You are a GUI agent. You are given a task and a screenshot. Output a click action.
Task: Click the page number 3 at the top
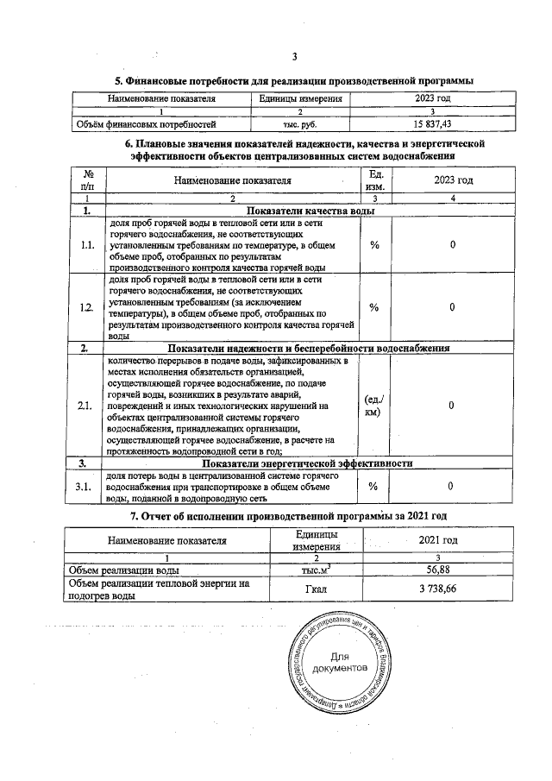point(294,57)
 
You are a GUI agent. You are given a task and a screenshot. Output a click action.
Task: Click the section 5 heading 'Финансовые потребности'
point(293,81)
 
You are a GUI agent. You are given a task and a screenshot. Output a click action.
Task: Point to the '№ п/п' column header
point(87,180)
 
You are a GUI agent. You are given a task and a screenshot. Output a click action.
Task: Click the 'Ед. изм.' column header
point(374,180)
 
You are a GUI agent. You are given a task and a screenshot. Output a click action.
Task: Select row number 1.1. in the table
point(87,245)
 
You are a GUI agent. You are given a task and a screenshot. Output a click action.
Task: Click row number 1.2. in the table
point(87,307)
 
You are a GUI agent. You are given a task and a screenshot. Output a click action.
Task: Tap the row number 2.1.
point(87,405)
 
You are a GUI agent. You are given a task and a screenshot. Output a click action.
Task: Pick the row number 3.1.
point(87,487)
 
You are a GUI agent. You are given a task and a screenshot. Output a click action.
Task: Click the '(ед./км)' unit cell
point(374,405)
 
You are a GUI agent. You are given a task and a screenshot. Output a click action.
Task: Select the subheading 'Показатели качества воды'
point(311,211)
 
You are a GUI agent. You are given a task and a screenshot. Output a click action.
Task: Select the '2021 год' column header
point(437,540)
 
